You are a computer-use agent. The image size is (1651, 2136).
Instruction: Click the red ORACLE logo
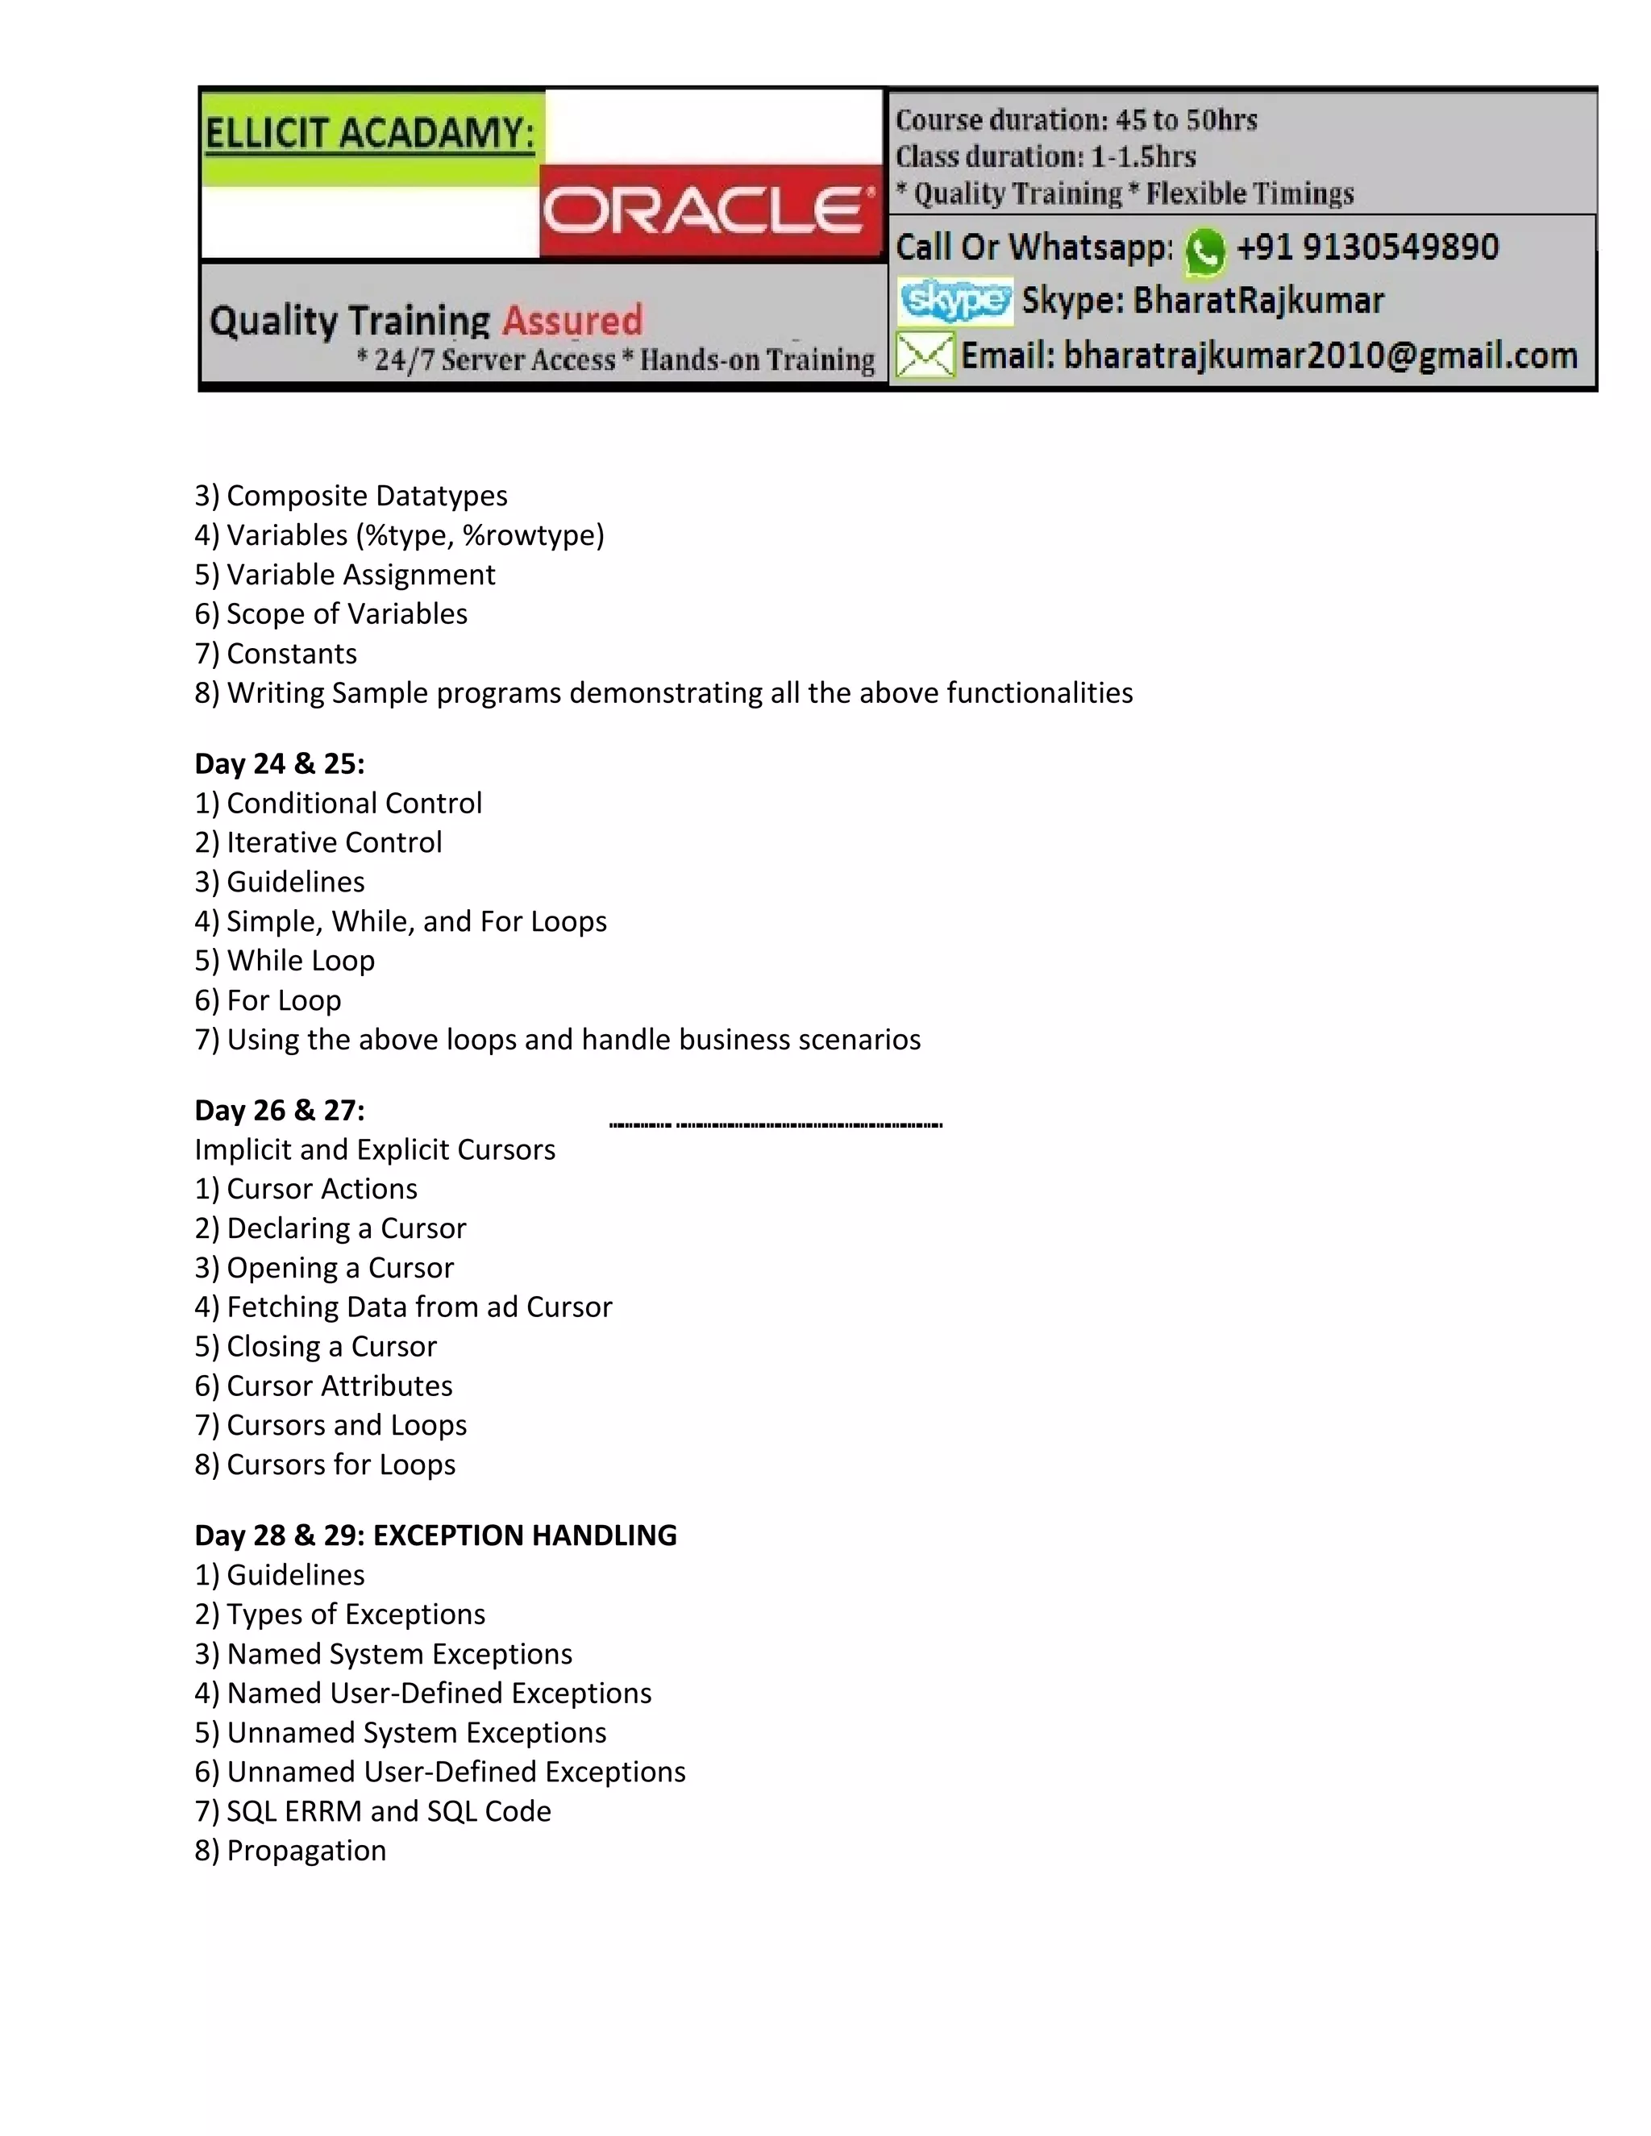click(x=710, y=210)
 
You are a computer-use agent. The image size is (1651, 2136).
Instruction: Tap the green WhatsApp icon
click(x=1204, y=251)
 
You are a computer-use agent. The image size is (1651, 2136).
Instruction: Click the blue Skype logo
click(x=954, y=301)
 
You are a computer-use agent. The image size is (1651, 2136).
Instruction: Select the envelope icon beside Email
click(x=925, y=355)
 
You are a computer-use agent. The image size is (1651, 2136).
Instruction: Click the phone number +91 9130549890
click(x=1366, y=247)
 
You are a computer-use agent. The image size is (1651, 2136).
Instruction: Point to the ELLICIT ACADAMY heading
click(x=370, y=133)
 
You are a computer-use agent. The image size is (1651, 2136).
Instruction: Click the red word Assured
click(x=572, y=321)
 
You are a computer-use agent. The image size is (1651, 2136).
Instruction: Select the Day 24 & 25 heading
click(x=280, y=764)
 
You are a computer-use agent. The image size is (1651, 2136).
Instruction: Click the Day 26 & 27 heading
click(x=280, y=1110)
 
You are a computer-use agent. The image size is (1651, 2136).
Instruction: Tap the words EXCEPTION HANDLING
click(x=526, y=1536)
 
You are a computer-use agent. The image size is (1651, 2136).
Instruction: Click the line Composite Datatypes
click(x=367, y=496)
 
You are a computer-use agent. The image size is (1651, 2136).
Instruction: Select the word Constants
click(x=292, y=654)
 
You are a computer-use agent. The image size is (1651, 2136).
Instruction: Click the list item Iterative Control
click(x=334, y=842)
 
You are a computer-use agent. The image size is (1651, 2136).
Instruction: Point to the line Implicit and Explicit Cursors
click(x=375, y=1149)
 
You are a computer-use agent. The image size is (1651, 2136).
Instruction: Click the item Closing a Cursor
click(x=331, y=1347)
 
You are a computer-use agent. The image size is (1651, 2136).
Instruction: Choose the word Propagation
click(x=306, y=1851)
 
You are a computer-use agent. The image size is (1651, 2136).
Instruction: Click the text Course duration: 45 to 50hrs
click(x=1076, y=120)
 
